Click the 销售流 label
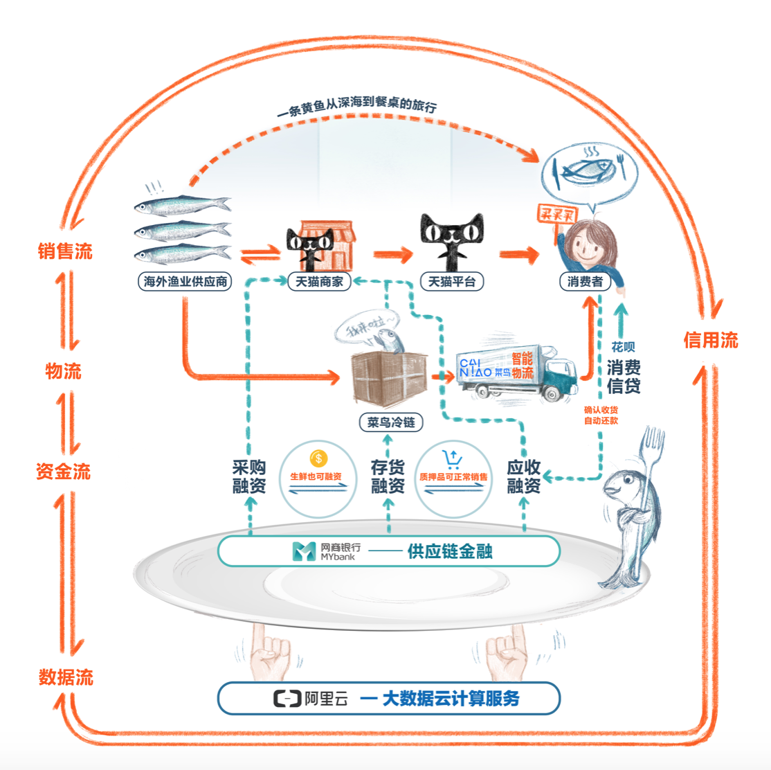(x=65, y=251)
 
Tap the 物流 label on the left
(x=64, y=371)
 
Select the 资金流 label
(x=64, y=472)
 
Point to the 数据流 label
(x=66, y=677)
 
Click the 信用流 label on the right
(x=711, y=340)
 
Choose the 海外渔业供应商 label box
(x=185, y=282)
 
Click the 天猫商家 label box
(x=320, y=282)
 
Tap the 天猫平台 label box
(x=452, y=282)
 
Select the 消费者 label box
(x=586, y=282)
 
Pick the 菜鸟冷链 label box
(x=391, y=422)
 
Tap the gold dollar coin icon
(x=318, y=458)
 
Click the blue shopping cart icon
(x=452, y=458)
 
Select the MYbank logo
(x=304, y=552)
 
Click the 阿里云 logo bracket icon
(x=287, y=699)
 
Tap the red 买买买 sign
(x=558, y=215)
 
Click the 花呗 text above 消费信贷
(x=623, y=346)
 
